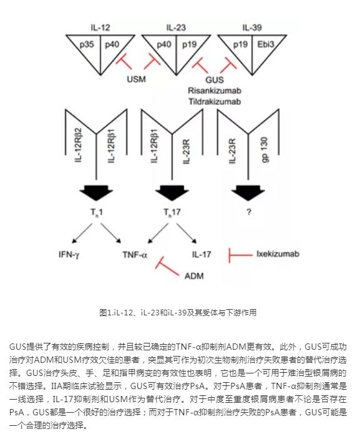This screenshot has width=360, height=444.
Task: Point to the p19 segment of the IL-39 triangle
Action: point(240,44)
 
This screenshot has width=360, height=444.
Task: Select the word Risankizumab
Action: point(214,89)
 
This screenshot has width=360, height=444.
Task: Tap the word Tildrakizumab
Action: point(214,99)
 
